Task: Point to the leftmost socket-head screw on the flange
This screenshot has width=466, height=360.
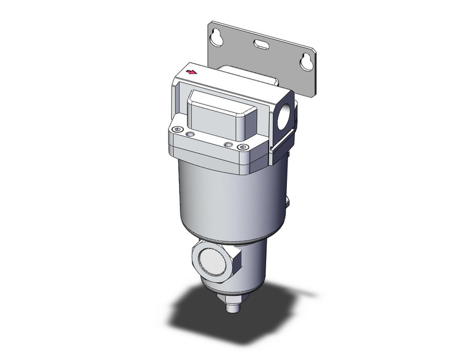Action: coord(177,129)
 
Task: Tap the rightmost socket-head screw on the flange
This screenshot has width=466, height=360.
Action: coord(242,148)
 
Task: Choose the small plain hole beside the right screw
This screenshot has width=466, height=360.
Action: coord(229,144)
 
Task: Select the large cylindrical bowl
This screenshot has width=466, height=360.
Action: coord(227,196)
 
